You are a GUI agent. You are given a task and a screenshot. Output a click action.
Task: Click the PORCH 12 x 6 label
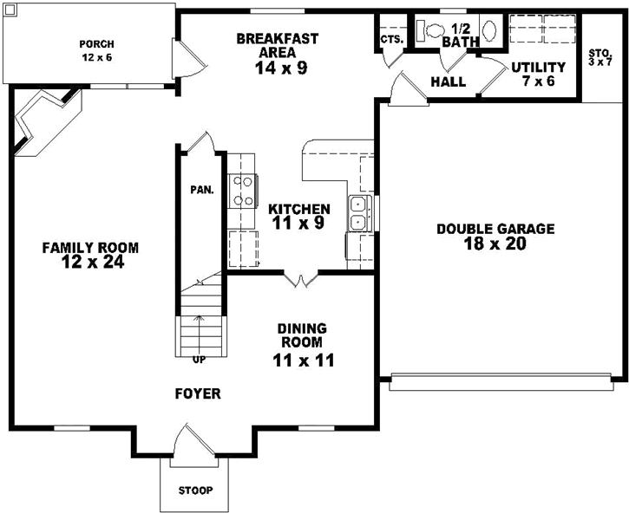[x=96, y=50]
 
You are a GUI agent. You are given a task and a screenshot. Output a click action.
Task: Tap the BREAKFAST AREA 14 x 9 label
[x=277, y=53]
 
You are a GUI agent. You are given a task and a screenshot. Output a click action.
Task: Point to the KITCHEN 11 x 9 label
[x=298, y=217]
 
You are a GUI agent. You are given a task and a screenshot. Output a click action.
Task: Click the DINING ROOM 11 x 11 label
[x=301, y=344]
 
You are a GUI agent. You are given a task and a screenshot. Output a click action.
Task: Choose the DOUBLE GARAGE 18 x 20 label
[x=495, y=237]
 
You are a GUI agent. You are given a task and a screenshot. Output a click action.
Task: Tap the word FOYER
[x=198, y=393]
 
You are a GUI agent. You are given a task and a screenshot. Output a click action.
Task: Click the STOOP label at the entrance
[x=195, y=490]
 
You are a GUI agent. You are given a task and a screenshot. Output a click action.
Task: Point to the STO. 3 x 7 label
[x=600, y=58]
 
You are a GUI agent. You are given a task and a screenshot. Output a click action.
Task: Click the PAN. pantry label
[x=201, y=189]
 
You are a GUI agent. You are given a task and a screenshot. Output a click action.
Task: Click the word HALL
[x=449, y=82]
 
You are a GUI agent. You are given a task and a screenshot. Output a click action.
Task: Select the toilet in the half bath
[x=429, y=29]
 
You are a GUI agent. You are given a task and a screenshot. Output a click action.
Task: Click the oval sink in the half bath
[x=488, y=30]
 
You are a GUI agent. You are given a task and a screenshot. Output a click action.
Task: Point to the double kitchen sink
[x=358, y=213]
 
